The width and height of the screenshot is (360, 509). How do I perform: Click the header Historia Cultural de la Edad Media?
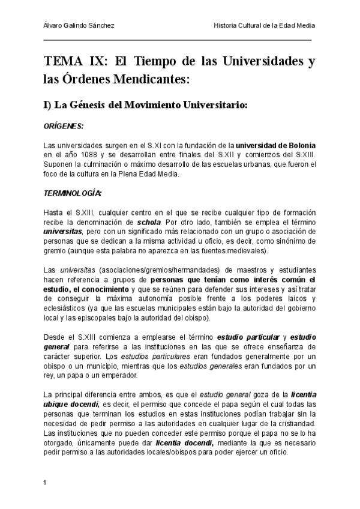(x=264, y=25)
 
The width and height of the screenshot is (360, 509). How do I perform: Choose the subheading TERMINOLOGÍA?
(x=73, y=193)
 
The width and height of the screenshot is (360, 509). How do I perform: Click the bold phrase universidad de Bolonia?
(x=275, y=146)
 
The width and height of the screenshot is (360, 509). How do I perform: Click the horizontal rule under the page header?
(x=178, y=40)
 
